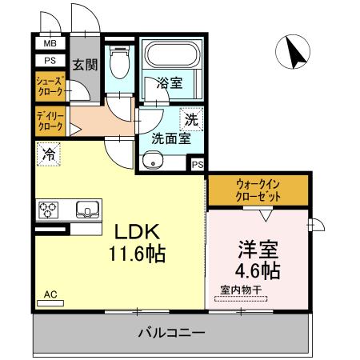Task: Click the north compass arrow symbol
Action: (291, 53)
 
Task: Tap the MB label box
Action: (50, 44)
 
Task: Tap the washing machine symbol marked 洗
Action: (190, 120)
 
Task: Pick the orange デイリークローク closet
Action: (50, 122)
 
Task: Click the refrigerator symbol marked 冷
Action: (49, 153)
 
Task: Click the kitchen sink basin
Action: (86, 210)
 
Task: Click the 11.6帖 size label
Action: (138, 256)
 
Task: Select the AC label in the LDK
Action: (50, 294)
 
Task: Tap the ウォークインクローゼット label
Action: (258, 189)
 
